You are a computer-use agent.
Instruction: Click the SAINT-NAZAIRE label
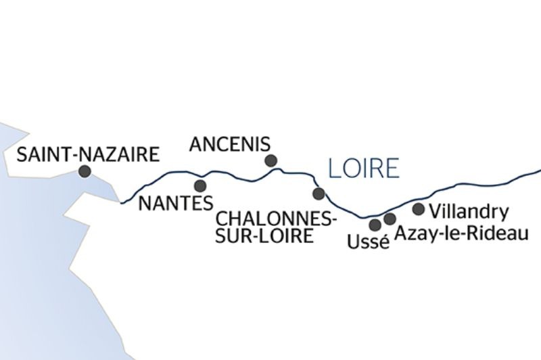88,154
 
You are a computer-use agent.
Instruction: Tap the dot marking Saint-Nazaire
85,172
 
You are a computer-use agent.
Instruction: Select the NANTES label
175,202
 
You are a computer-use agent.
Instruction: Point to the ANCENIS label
230,144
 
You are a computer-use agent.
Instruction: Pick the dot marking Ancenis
271,160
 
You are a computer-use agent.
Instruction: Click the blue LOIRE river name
363,168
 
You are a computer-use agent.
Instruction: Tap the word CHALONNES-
276,220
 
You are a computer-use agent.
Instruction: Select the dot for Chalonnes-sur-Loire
319,194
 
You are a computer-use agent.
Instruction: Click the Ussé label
368,242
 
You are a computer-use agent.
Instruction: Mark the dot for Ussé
375,225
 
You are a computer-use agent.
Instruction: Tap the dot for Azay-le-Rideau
390,219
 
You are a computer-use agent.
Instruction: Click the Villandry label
468,210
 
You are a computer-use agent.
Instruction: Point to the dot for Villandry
419,209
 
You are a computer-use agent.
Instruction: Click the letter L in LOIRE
332,168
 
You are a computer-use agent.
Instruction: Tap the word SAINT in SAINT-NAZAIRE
41,154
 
